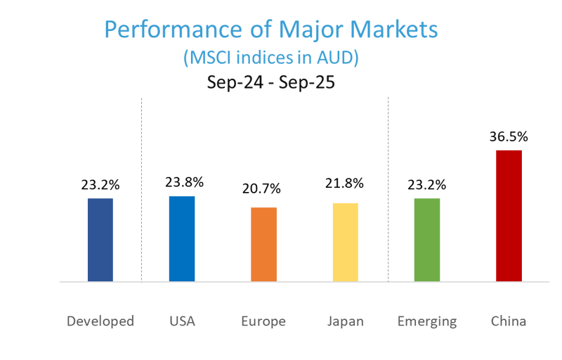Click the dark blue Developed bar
click(100, 240)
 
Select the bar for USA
click(181, 239)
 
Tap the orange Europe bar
click(263, 245)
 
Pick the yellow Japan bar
click(345, 243)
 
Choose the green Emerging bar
click(427, 240)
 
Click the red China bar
click(509, 216)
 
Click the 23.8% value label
click(183, 182)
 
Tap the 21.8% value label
click(344, 184)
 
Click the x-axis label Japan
click(346, 322)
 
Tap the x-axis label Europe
click(263, 322)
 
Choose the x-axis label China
click(509, 322)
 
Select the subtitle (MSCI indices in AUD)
click(270, 58)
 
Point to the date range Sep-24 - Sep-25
click(270, 82)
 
